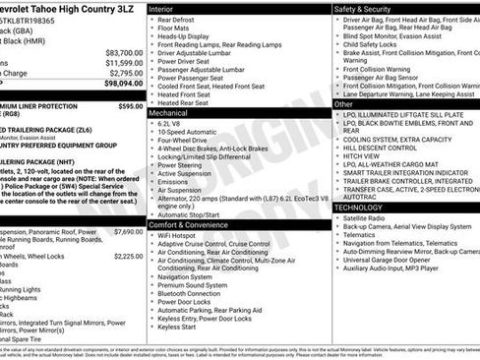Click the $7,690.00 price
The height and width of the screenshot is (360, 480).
point(128,232)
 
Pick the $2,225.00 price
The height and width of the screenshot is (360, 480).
point(128,256)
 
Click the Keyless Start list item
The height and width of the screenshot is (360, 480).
point(177,326)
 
